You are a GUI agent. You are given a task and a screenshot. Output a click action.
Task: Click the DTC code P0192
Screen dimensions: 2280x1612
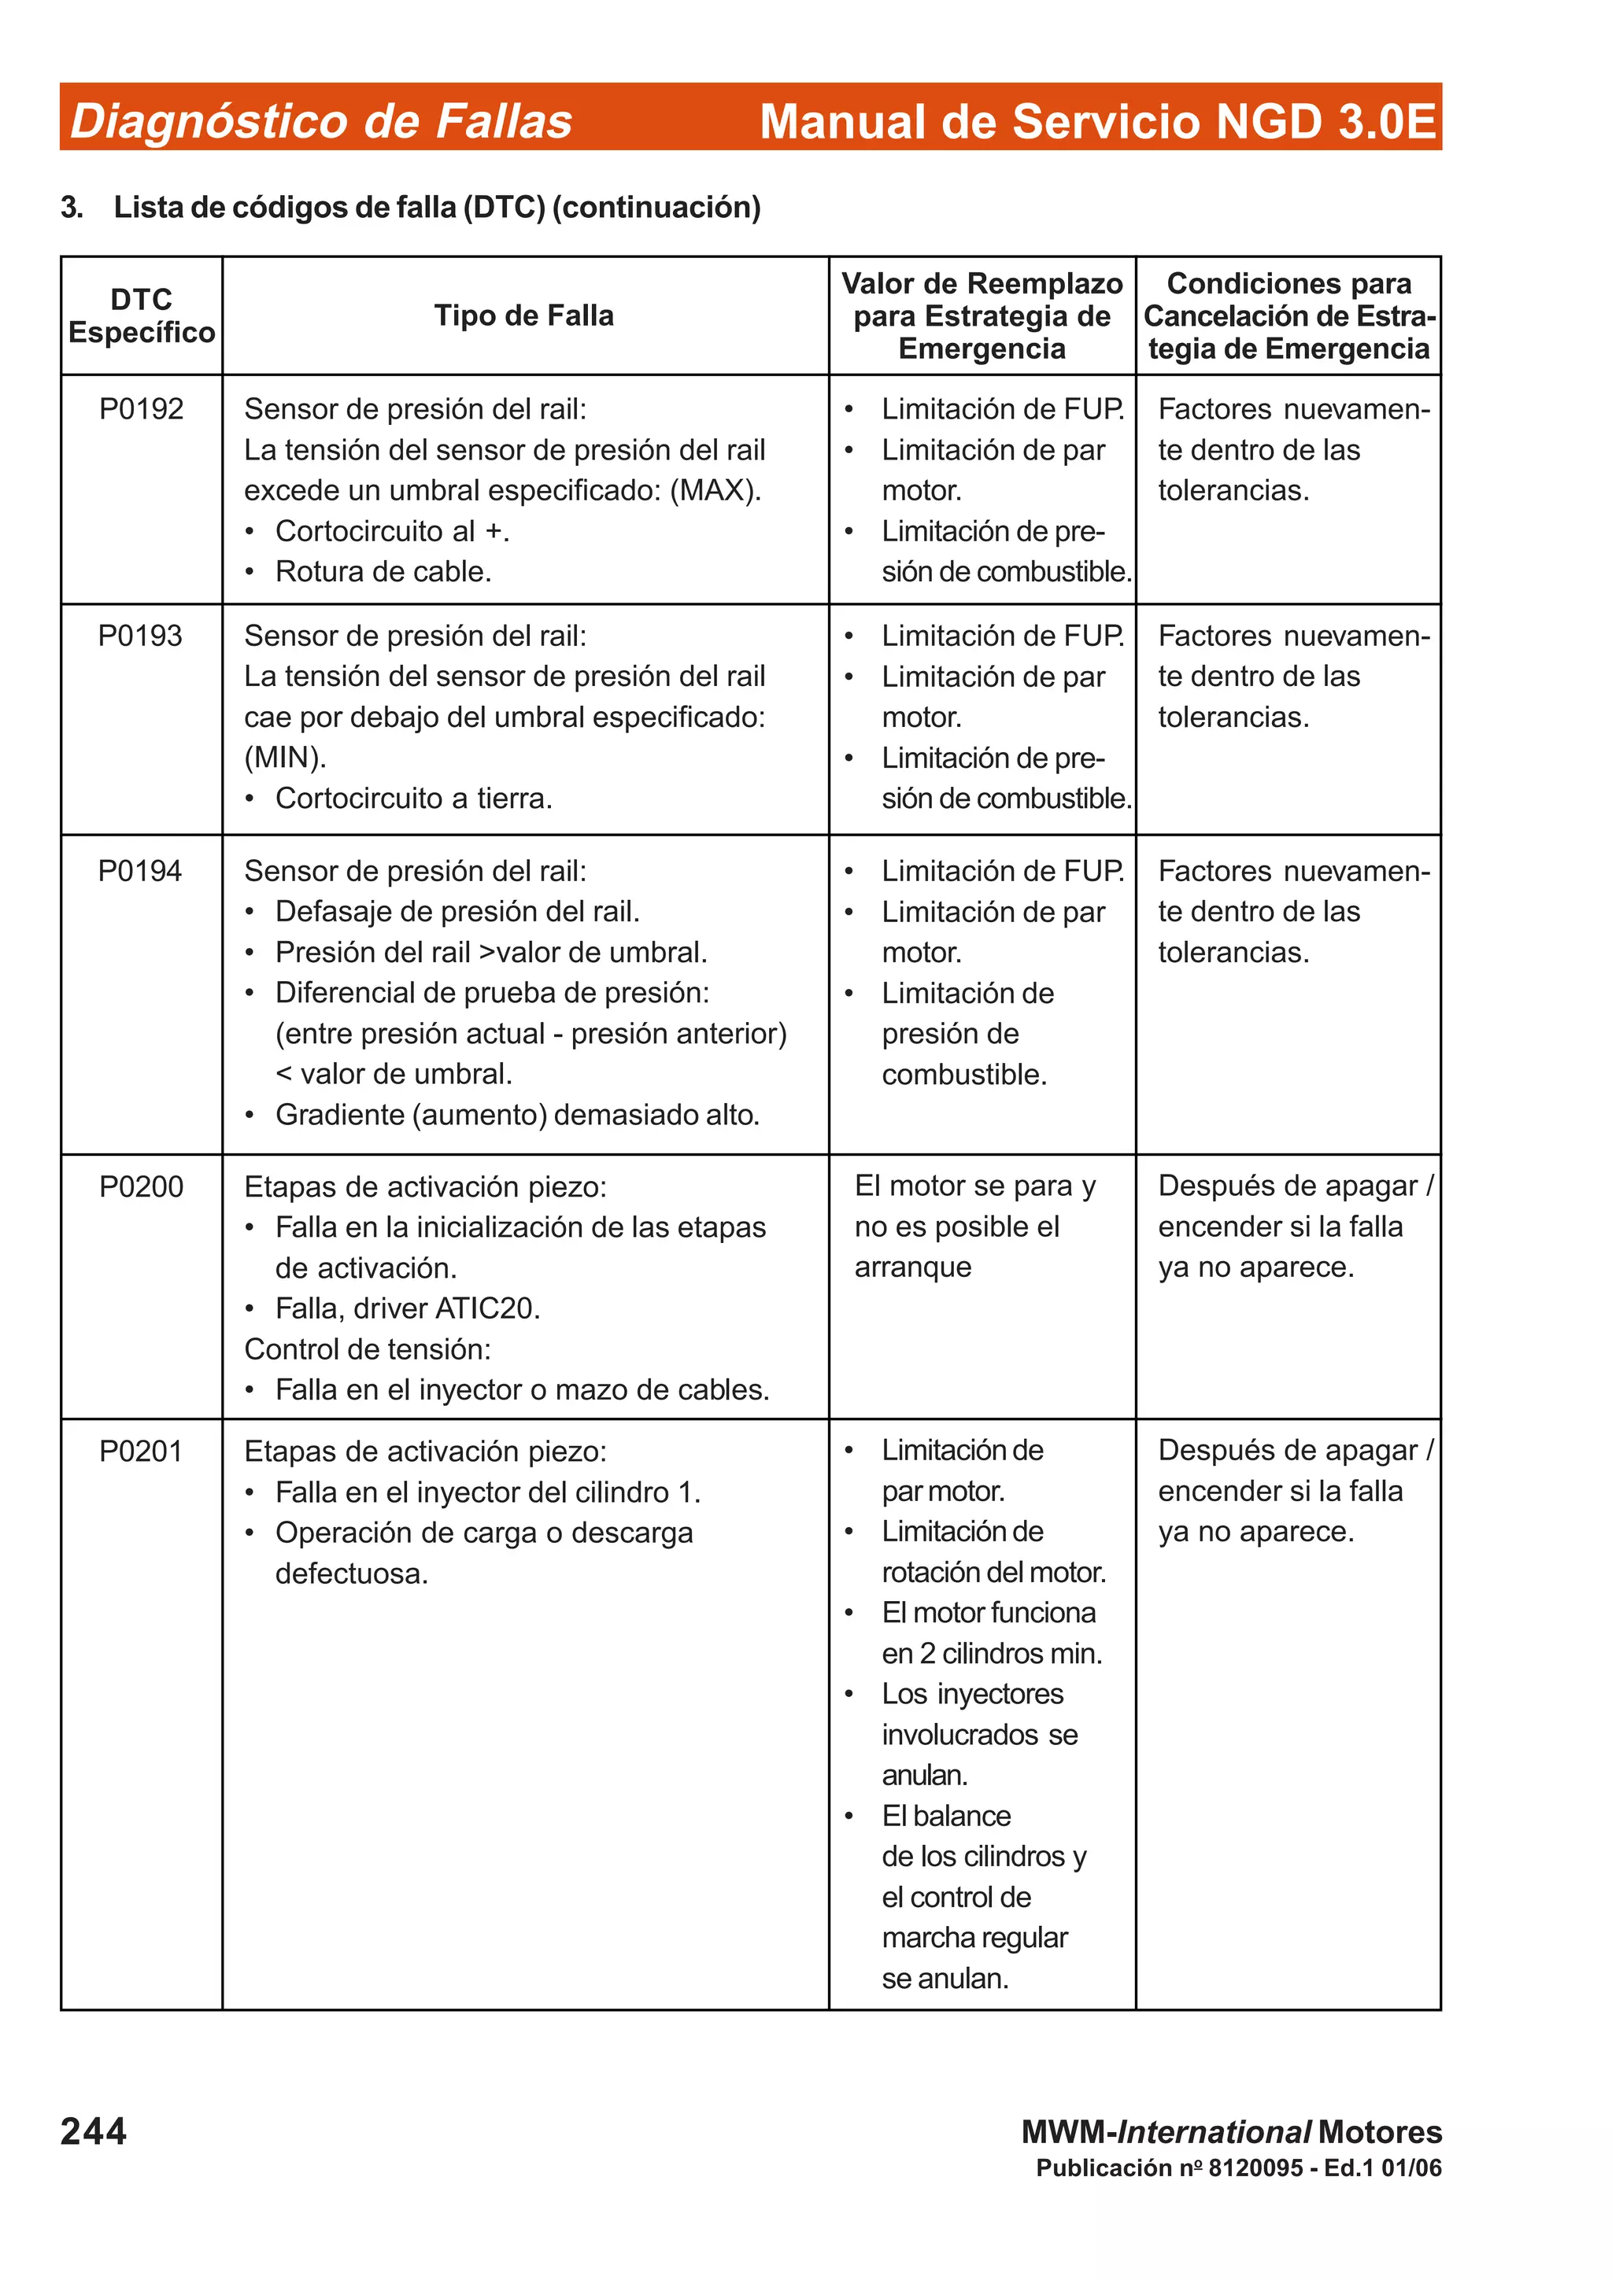click(141, 409)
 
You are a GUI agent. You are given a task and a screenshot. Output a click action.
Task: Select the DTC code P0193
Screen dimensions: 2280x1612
click(140, 636)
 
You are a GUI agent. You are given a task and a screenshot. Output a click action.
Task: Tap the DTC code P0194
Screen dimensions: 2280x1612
click(140, 871)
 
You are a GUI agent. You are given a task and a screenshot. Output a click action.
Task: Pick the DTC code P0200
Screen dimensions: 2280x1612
click(141, 1186)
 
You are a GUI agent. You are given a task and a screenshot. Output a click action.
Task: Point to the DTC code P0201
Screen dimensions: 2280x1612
click(141, 1452)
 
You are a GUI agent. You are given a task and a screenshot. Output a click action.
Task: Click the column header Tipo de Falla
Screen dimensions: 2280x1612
click(523, 315)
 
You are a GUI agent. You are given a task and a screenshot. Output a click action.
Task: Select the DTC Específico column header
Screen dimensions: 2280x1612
click(141, 315)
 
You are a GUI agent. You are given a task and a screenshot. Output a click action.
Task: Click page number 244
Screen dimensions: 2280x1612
click(94, 2131)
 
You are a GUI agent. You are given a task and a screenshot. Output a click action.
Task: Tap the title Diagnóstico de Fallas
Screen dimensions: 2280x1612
click(321, 121)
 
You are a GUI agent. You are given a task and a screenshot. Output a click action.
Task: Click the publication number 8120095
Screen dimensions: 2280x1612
click(1255, 2167)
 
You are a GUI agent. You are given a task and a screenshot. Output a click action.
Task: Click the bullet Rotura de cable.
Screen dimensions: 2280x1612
click(383, 572)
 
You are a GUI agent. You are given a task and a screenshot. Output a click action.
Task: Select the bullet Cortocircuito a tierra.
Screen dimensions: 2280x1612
click(413, 799)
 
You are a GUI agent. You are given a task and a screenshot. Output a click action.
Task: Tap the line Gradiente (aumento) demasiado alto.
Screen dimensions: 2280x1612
click(516, 1115)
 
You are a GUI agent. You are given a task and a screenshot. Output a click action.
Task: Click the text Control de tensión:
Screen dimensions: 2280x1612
click(368, 1349)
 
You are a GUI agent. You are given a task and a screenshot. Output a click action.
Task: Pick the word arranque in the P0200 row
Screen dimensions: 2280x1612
click(913, 1267)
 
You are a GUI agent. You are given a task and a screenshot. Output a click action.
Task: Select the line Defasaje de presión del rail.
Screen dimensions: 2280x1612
click(457, 912)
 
